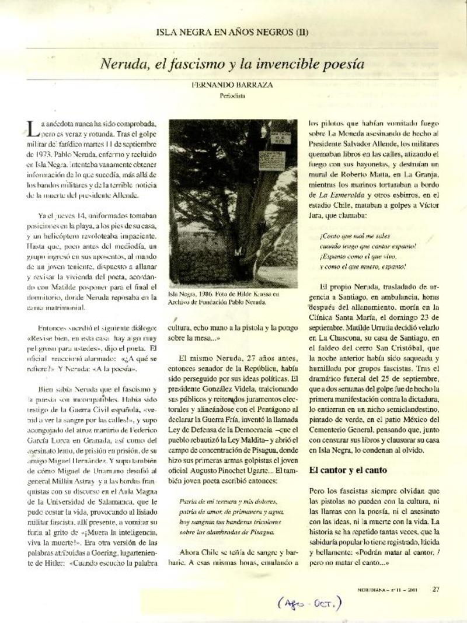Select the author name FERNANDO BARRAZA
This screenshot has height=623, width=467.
pos(232,85)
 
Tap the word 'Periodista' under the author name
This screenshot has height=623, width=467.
pos(232,94)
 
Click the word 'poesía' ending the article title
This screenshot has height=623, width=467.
pos(344,64)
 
